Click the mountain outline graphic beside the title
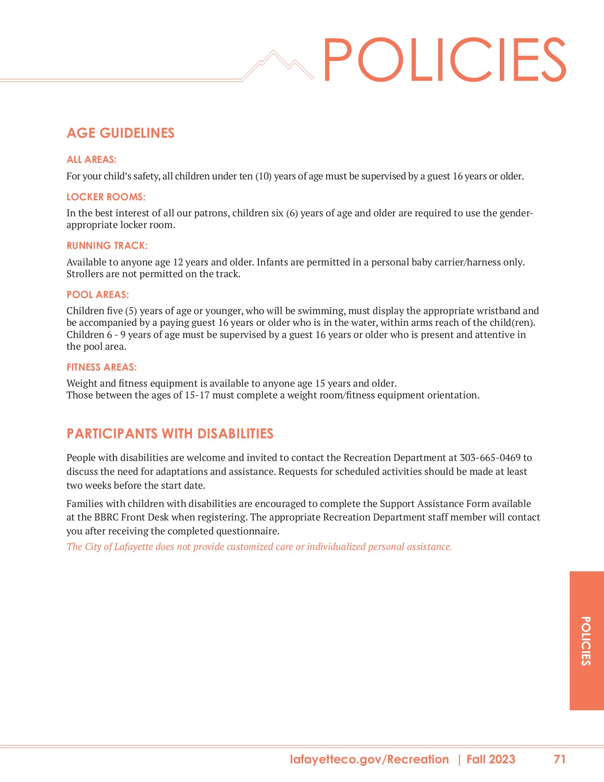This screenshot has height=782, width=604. pos(278,65)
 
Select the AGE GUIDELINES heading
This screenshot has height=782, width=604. pos(120,133)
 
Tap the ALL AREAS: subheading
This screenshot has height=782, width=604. pos(91,159)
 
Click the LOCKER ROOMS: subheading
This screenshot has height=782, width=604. pos(106,197)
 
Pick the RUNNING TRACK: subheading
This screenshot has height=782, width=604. pos(107,245)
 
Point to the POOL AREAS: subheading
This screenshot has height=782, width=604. pos(97,295)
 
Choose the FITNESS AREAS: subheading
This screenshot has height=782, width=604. pos(101,367)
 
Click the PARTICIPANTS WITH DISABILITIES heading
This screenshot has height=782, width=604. pos(170,434)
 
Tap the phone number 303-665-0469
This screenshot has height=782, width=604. pos(489,457)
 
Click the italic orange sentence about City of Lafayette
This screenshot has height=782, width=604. pos(259,547)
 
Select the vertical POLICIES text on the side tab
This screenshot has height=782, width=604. pos(586,640)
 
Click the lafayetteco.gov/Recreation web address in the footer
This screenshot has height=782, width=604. pos(369,759)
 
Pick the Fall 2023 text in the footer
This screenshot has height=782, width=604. pos(491,759)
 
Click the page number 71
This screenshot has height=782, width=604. pos(559,759)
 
